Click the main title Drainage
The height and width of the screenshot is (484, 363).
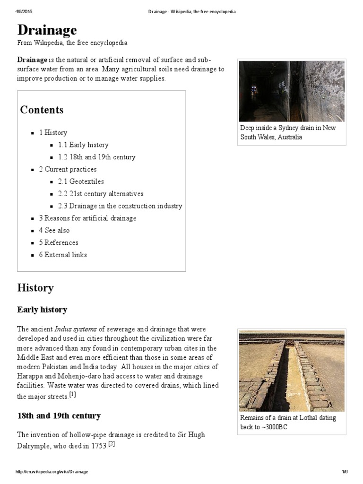coord(47,30)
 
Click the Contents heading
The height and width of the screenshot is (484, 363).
coord(42,110)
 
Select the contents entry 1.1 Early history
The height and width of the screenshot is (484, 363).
coord(83,145)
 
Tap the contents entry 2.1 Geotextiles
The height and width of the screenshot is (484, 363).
coord(81,181)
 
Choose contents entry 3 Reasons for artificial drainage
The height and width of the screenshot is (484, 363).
coord(87,218)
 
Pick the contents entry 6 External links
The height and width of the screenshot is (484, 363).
coord(63,255)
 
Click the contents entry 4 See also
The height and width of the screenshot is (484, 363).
coord(54,230)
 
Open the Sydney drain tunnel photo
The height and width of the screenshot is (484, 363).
coord(291,91)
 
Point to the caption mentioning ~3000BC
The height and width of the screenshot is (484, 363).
coord(288,422)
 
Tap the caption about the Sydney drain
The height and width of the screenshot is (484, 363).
coord(288,132)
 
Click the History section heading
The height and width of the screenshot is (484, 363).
coord(35,288)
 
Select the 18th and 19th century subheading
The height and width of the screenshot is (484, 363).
coord(59,416)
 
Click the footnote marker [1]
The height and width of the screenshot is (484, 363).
coord(72,394)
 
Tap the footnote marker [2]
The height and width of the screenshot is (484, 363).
coord(111,444)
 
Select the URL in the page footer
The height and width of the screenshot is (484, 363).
coord(52,472)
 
